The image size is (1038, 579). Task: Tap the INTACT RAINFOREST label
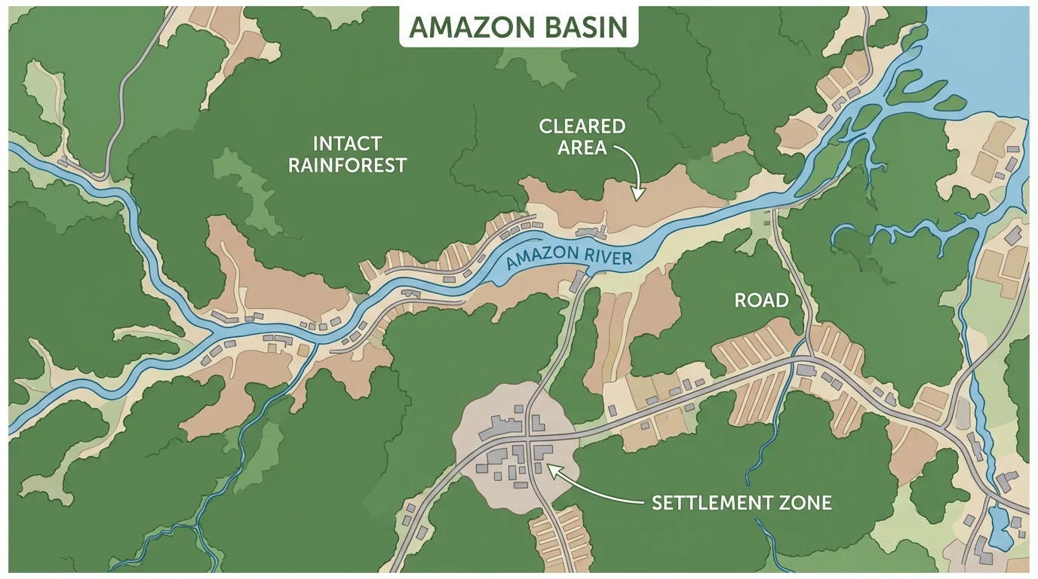tap(347, 154)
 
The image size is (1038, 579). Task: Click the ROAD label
tap(761, 301)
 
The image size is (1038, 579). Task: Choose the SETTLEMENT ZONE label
tap(742, 502)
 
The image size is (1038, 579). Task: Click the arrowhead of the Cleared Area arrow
tap(636, 198)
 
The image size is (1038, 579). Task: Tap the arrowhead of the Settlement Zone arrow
tap(549, 468)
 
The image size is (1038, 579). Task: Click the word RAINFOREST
tap(347, 165)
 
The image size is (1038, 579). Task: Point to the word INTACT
tap(347, 142)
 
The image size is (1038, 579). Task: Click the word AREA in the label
tap(582, 147)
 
